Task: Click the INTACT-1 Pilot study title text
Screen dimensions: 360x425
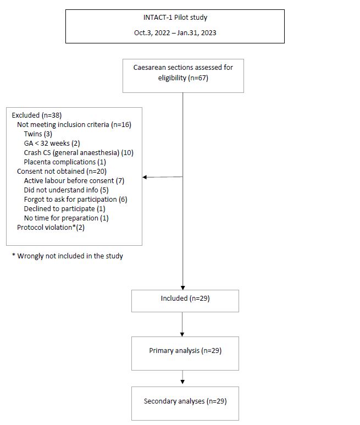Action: point(175,18)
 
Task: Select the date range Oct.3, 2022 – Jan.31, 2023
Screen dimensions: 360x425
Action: point(175,33)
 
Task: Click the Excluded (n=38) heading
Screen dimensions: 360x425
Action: point(37,115)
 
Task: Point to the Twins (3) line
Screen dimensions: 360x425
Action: point(38,134)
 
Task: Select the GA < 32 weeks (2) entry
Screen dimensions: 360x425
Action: point(52,143)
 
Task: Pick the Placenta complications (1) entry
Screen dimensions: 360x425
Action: point(65,162)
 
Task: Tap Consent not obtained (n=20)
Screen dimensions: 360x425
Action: point(62,172)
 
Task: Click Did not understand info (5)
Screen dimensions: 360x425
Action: point(66,190)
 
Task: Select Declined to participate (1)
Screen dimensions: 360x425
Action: point(64,209)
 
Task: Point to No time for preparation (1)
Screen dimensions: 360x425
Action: point(66,218)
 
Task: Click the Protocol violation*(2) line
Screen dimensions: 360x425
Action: point(51,228)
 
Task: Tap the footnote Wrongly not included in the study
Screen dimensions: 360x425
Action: point(68,256)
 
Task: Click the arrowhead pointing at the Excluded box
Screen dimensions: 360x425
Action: point(145,177)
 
